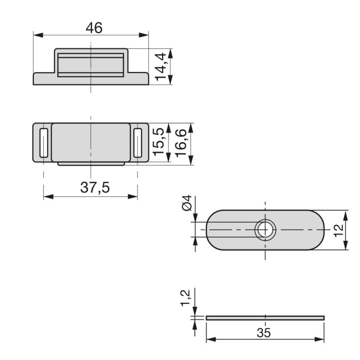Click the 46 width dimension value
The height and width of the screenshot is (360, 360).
(94, 28)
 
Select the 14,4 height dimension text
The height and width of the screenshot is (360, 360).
(161, 67)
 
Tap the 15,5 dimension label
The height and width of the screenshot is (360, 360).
(159, 142)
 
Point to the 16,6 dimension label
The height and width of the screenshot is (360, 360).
(181, 143)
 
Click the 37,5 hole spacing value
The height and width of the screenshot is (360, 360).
(95, 187)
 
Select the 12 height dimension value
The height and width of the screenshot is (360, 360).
(339, 230)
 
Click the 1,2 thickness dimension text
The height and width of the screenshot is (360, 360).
(185, 298)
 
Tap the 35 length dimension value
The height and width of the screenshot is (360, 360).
(264, 333)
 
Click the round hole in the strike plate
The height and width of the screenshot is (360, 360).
(265, 230)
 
